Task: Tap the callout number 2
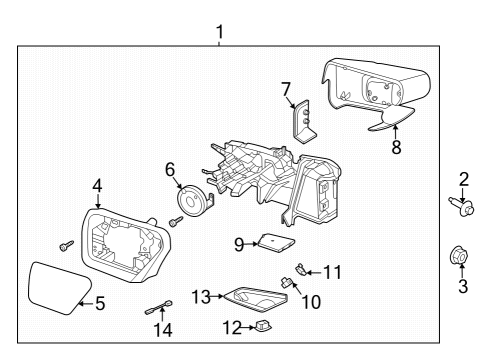coord(463,181)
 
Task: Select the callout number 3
coord(463,286)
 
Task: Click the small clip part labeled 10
coord(288,282)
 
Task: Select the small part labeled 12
coord(264,326)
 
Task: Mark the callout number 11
coord(331,270)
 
